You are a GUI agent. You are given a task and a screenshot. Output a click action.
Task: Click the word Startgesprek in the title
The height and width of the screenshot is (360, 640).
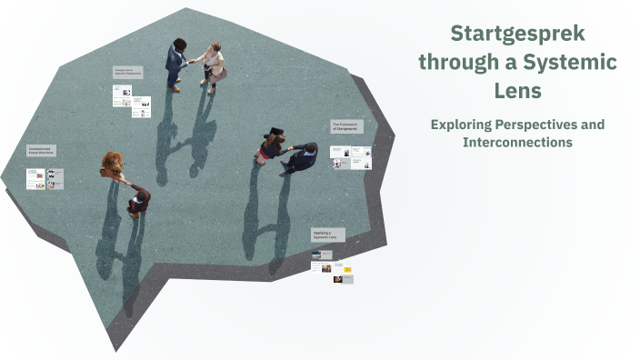pyautogui.click(x=518, y=35)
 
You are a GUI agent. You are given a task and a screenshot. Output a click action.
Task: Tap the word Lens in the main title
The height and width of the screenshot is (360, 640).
pyautogui.click(x=517, y=91)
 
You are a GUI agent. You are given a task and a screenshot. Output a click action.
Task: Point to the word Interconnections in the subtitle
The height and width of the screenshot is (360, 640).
pyautogui.click(x=517, y=143)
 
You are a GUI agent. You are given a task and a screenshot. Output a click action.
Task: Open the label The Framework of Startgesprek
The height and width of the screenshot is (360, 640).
pyautogui.click(x=345, y=127)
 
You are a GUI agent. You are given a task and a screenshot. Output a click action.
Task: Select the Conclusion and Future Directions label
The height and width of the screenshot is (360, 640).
pyautogui.click(x=42, y=152)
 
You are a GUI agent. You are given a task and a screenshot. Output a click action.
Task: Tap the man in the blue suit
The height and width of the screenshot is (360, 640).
pyautogui.click(x=175, y=62)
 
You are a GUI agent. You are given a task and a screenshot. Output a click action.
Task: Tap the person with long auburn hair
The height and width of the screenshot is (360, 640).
pyautogui.click(x=113, y=165)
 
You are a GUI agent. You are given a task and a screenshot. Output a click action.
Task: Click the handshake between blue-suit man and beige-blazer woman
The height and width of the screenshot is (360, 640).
pyautogui.click(x=195, y=61)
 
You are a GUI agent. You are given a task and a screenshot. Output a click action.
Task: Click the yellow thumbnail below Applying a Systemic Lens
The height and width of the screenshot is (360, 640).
pyautogui.click(x=347, y=269)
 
